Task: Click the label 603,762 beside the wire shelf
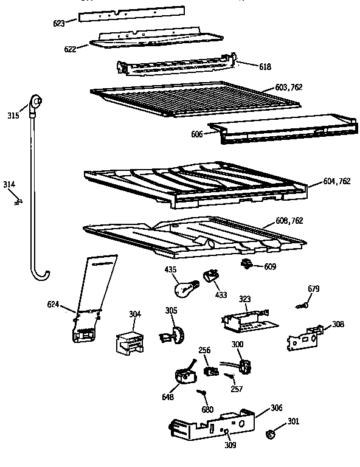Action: (288, 88)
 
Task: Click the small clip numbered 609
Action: (247, 263)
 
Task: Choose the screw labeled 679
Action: (299, 306)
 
